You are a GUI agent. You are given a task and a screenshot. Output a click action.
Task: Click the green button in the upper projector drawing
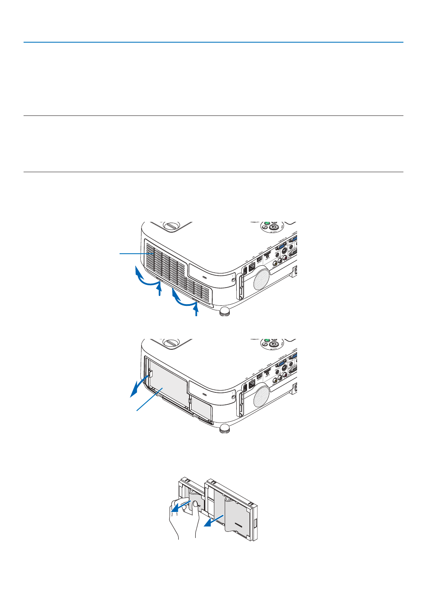tap(267, 223)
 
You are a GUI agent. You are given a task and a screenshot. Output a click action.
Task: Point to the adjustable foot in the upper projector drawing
tap(224, 311)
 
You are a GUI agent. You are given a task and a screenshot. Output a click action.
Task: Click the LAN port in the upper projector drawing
tap(252, 267)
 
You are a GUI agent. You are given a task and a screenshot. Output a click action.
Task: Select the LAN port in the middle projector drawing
tap(252, 384)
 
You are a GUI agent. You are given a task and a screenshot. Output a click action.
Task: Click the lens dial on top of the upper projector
tap(170, 226)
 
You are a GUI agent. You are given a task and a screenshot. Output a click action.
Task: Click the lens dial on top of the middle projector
tap(170, 343)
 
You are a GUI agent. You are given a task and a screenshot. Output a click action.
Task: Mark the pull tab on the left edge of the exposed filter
tap(151, 374)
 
